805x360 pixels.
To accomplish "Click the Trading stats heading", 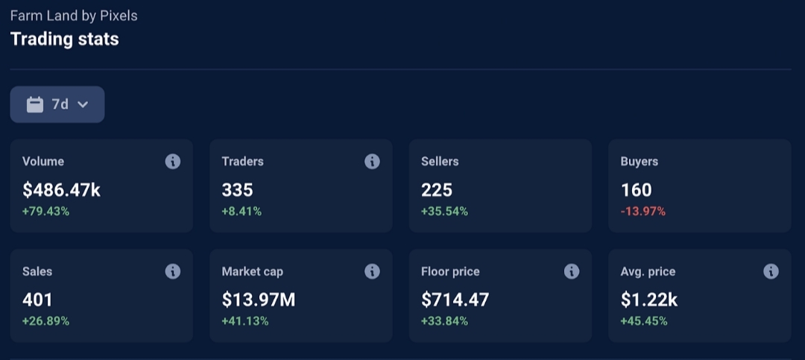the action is pos(65,40).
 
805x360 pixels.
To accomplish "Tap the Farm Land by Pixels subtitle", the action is pos(74,16).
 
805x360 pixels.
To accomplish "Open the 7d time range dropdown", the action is pos(57,104).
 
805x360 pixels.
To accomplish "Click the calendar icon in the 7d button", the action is pos(35,105).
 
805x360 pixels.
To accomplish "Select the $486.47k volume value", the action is pos(62,190).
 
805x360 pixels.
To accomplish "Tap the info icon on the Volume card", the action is pos(172,161).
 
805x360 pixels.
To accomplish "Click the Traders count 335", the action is pos(237,190).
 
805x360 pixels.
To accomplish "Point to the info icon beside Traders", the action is pos(372,161).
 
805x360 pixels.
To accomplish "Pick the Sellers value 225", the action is pos(437,190).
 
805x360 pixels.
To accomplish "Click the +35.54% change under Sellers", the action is pos(444,211).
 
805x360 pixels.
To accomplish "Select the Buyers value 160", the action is pos(636,190).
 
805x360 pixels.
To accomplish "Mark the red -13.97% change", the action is pos(643,211).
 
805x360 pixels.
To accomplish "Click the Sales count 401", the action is pos(37,300).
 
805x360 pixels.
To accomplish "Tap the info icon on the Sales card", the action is pos(172,271).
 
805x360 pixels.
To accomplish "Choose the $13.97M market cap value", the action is pos(259,300).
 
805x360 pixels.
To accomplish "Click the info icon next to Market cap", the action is pos(372,271).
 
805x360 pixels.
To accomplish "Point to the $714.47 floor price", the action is pos(455,300).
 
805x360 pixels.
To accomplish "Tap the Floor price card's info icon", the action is pos(572,271).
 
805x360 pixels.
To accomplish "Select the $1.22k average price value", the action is pos(649,300).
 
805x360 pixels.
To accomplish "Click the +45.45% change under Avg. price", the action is pos(644,321).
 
